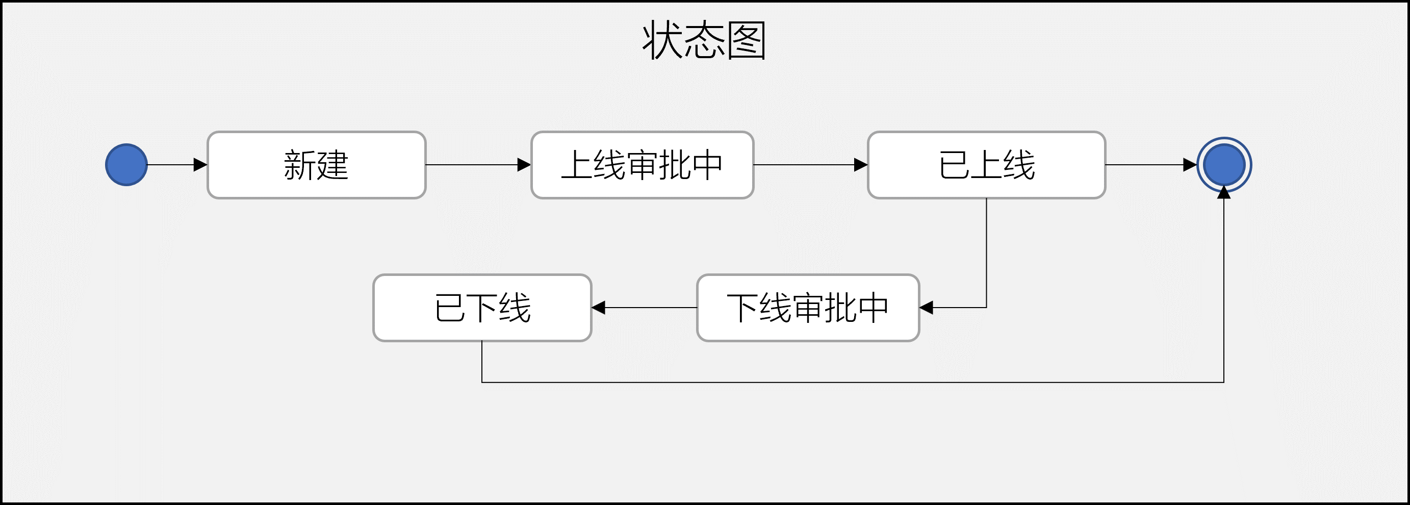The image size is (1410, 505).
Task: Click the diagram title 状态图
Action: (704, 41)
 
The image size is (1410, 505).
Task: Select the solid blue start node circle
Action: (126, 165)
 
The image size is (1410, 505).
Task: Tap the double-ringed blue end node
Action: (1224, 165)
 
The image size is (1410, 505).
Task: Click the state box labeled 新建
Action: (316, 165)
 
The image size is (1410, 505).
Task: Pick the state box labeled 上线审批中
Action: (642, 165)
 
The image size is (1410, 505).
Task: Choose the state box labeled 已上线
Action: (986, 165)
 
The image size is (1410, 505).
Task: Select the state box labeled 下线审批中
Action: (808, 308)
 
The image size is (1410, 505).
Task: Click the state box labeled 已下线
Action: (482, 308)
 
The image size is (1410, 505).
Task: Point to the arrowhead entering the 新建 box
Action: (201, 165)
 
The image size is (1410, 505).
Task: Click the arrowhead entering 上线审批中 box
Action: (524, 165)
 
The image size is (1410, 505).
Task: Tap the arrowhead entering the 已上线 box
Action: (861, 165)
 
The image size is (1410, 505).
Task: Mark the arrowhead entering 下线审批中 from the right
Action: (926, 308)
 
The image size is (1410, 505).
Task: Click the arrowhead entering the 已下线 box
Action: (599, 308)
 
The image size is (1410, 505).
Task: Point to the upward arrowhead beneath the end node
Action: (1224, 192)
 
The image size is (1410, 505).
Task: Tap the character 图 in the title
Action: (746, 41)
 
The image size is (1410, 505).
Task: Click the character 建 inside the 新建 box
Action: (333, 165)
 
